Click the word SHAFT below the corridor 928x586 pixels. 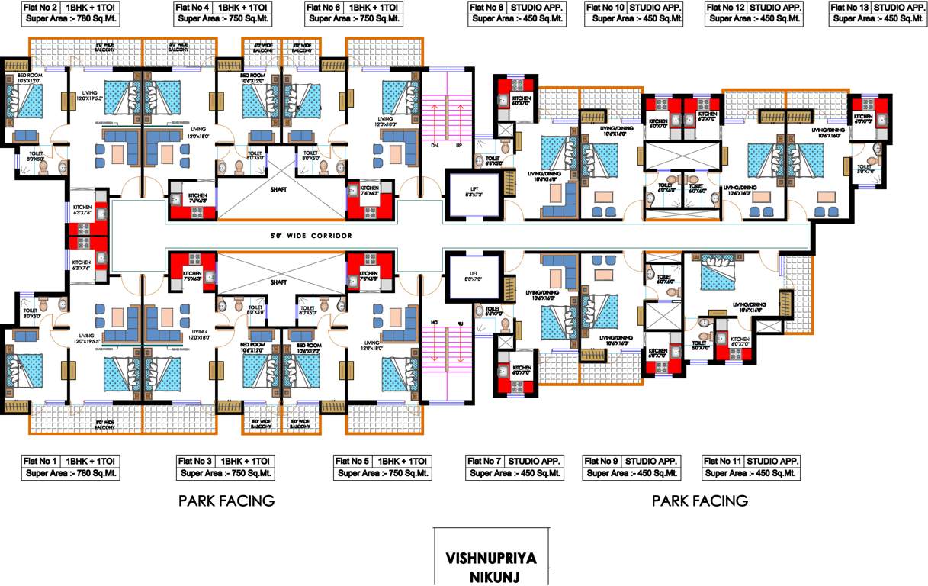pyautogui.click(x=279, y=282)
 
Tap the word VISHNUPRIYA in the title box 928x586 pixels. pyautogui.click(x=490, y=558)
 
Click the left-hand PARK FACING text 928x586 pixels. pyautogui.click(x=226, y=501)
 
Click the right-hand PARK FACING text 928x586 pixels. pyautogui.click(x=699, y=501)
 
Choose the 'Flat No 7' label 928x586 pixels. pyautogui.click(x=486, y=461)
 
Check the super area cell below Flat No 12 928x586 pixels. pyautogui.click(x=753, y=20)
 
